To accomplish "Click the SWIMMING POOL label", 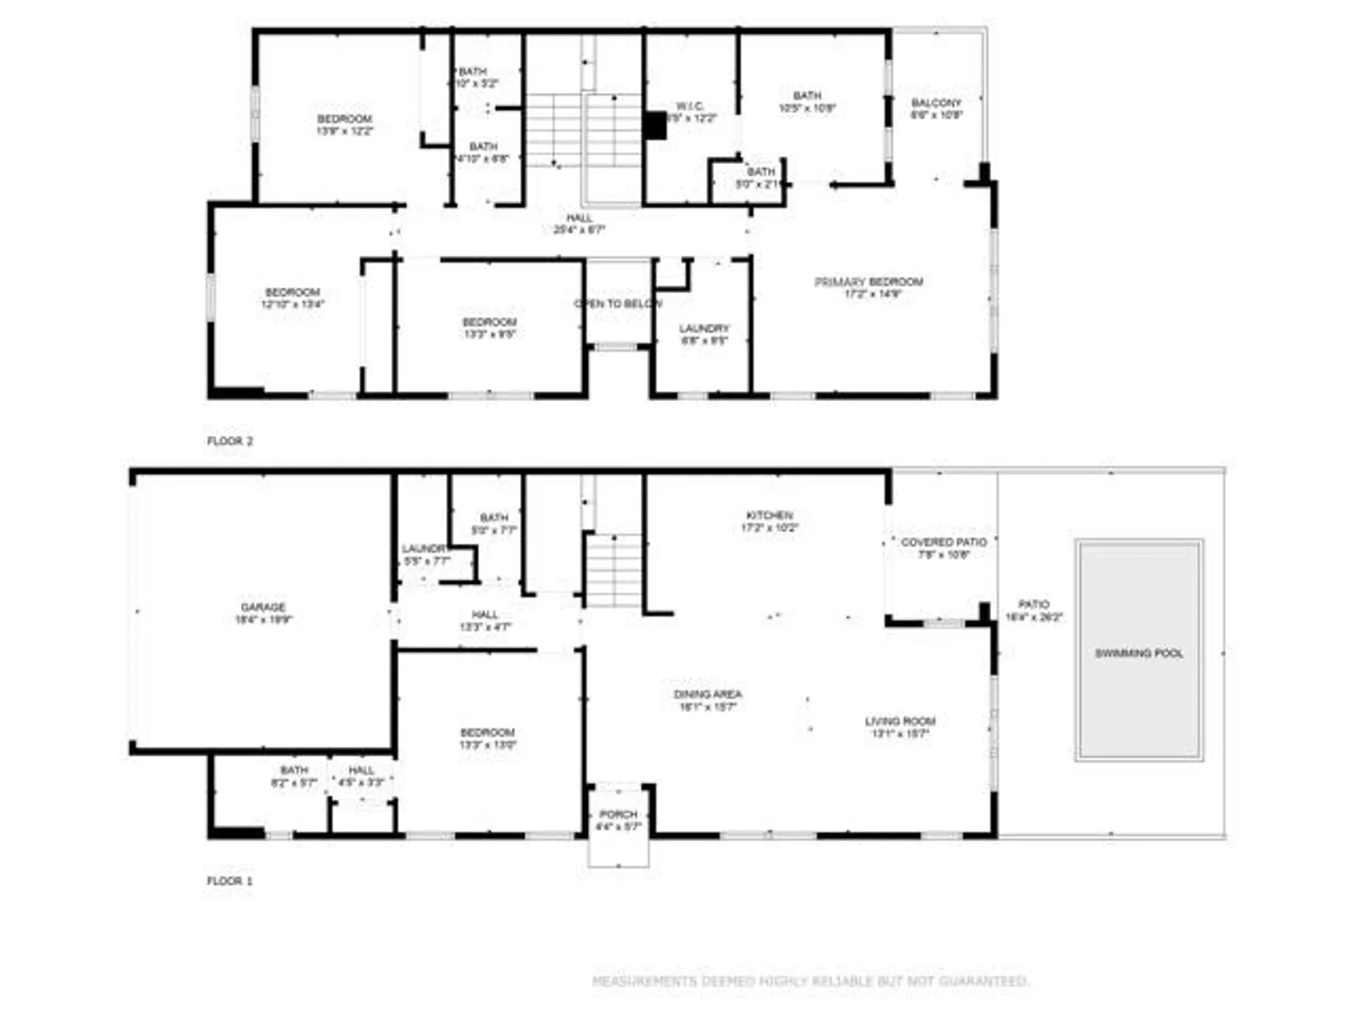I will point(1139,653).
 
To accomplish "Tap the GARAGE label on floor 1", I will point(263,607).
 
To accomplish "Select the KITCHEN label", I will point(769,515).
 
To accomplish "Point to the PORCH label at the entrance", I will point(618,814).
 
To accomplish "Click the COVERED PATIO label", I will point(943,542).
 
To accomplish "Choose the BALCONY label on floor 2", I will point(936,103).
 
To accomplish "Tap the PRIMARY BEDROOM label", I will point(869,282).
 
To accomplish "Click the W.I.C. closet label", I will point(690,106).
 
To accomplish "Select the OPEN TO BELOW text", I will point(617,303).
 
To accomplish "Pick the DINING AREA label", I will point(707,694).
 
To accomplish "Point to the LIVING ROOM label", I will point(900,721).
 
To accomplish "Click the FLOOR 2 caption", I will point(230,441).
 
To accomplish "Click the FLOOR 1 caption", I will point(230,881).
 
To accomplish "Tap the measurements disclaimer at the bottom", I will point(810,981).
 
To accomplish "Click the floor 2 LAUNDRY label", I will point(704,329).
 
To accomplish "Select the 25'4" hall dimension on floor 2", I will point(579,230).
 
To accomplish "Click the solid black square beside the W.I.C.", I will point(655,126).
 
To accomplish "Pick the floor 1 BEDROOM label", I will point(487,733).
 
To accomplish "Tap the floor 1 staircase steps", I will point(613,570).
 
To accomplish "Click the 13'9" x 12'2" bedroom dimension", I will point(345,131).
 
